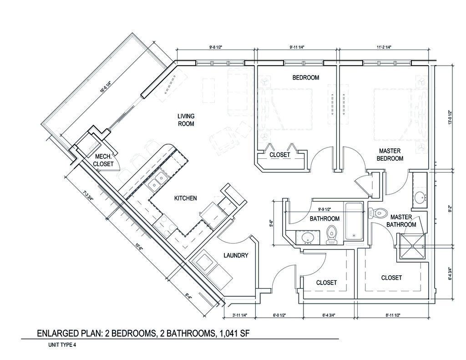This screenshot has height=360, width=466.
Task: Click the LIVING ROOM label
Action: (x=186, y=120)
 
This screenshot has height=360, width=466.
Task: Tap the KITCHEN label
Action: (x=186, y=198)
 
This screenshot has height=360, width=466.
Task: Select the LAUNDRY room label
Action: (x=236, y=255)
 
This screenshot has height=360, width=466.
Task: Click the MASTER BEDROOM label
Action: (x=390, y=155)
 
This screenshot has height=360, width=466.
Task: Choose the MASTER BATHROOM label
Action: (x=401, y=221)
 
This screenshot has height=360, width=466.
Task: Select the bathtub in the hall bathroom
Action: (x=354, y=222)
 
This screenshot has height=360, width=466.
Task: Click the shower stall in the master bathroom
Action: (x=412, y=246)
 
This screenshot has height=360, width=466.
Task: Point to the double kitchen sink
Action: (x=157, y=181)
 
